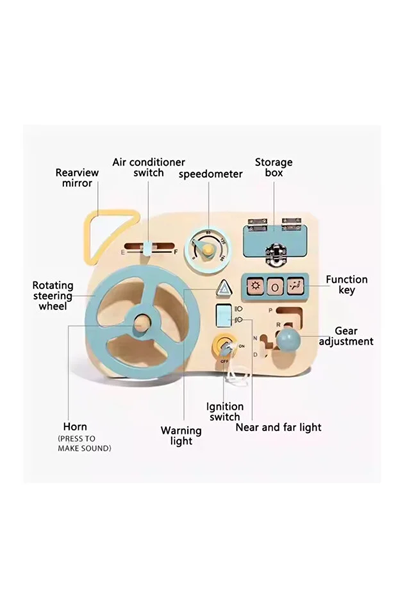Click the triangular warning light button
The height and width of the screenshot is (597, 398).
[x=223, y=290]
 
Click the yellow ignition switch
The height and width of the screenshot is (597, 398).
[x=224, y=348]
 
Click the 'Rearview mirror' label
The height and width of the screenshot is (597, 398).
[x=77, y=178]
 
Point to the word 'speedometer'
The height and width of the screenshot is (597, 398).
[x=210, y=174]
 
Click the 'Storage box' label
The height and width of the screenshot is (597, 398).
[x=274, y=167]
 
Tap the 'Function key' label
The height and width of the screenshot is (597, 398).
[x=346, y=285]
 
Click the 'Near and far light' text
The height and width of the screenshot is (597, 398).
[x=278, y=426]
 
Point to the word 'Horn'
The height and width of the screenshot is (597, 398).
[x=75, y=426]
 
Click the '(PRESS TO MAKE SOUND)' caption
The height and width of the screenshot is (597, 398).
[x=84, y=443]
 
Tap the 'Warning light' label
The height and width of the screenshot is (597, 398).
[x=181, y=435]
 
